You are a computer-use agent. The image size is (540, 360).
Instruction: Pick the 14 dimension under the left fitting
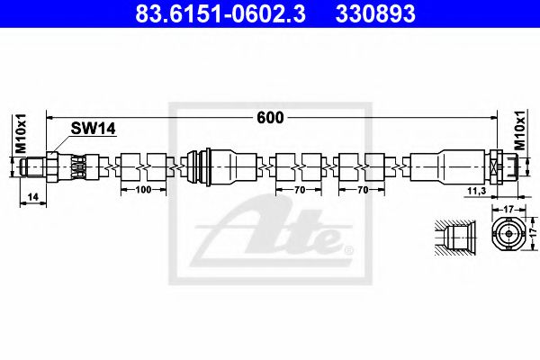pyautogui.click(x=31, y=196)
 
